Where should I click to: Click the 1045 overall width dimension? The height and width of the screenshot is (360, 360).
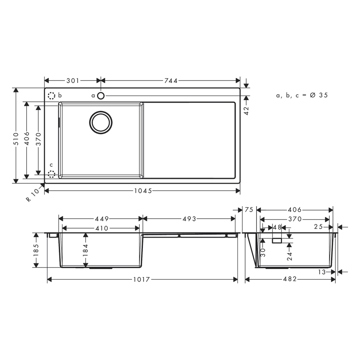point(143,191)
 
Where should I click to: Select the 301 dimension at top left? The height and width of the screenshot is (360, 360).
point(73,80)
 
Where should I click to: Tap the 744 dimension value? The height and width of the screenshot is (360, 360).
point(171,80)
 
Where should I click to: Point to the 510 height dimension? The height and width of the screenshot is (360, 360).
point(16,138)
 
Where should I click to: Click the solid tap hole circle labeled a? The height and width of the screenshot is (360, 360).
point(101,96)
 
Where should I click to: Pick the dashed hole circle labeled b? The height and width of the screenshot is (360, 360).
point(52,96)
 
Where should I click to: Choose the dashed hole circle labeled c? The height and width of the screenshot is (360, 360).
point(52,174)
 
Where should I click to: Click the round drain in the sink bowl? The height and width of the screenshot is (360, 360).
point(101,123)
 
